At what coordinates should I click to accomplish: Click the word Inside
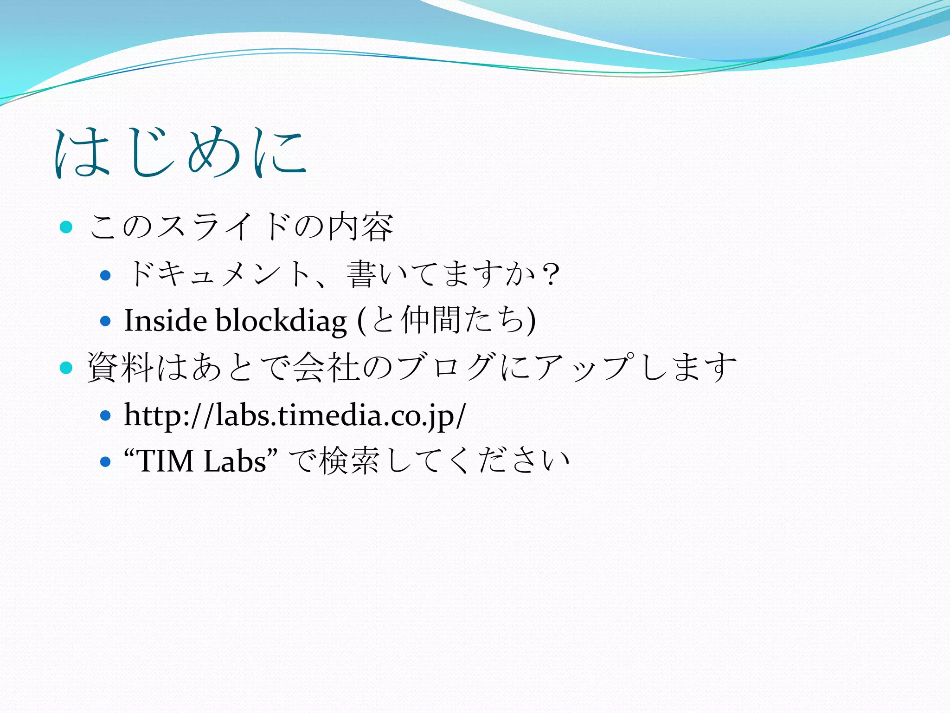[x=165, y=321]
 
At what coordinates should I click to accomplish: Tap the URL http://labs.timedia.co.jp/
[x=295, y=415]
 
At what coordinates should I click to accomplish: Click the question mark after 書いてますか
[x=551, y=275]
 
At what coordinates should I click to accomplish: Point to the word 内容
[x=360, y=227]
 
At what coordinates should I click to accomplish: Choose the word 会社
[x=327, y=368]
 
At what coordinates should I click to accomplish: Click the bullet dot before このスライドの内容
[x=67, y=227]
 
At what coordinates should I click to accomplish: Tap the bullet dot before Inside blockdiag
[x=105, y=321]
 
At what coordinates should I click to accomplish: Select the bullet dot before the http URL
[x=105, y=415]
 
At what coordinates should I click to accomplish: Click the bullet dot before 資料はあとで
[x=67, y=368]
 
